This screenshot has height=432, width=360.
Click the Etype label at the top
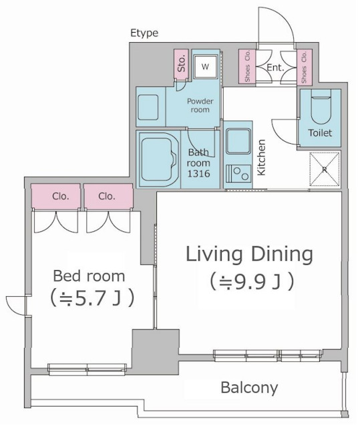click(x=144, y=33)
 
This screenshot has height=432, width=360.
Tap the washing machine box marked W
click(x=205, y=67)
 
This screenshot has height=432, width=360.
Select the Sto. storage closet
click(x=182, y=64)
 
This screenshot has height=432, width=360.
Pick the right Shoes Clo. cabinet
click(x=304, y=67)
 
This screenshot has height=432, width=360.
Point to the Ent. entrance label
click(x=275, y=68)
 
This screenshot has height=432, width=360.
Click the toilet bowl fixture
click(x=321, y=108)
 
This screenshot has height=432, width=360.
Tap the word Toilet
click(x=320, y=133)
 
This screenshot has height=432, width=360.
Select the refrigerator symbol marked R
click(x=325, y=169)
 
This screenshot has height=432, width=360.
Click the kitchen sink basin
click(x=238, y=142)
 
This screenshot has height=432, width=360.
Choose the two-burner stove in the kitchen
click(x=238, y=174)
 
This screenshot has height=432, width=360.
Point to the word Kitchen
click(x=261, y=157)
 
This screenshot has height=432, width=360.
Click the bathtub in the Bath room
click(x=158, y=160)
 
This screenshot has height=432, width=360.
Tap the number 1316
click(x=199, y=173)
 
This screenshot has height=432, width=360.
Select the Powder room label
click(x=200, y=105)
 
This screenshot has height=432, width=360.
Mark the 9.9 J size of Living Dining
click(x=252, y=282)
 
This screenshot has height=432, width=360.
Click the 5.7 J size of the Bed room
click(x=92, y=298)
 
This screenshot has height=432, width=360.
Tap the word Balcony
click(x=249, y=388)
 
